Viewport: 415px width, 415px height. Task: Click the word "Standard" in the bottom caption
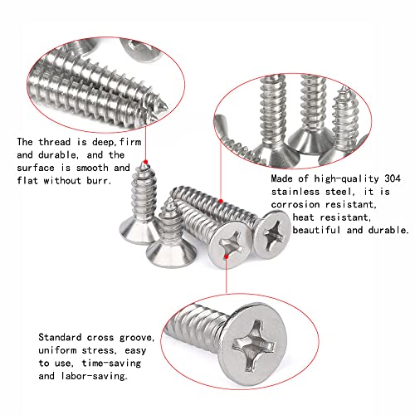62,337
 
